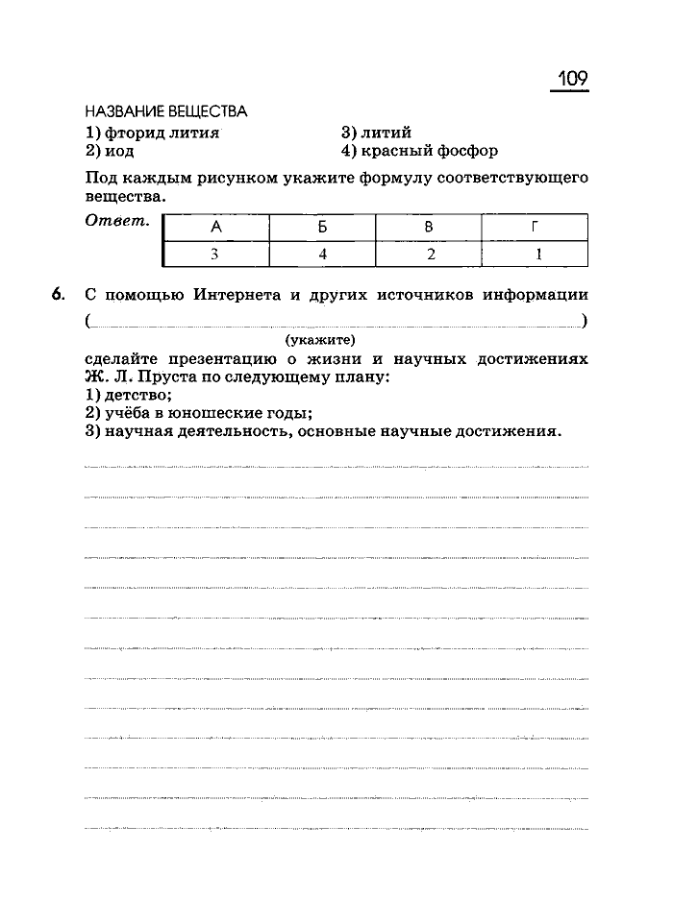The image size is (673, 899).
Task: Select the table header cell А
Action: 216,227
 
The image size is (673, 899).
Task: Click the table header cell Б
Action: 322,227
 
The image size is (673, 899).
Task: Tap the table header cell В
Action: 429,227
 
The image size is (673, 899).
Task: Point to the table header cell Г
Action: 535,227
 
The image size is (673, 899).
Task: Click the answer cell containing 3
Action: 216,255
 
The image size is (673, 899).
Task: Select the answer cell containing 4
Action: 322,255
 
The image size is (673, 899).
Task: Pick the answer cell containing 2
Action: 429,255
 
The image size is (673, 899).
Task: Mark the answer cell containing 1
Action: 535,255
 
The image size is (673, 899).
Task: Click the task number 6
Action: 59,294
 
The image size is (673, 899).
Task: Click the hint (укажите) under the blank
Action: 320,339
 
